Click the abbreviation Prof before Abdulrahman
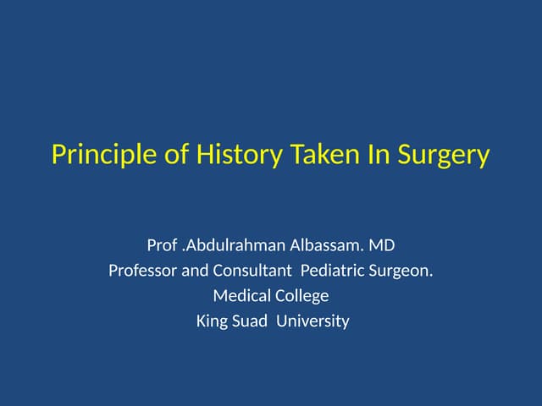click(161, 247)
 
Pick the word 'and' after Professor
click(195, 272)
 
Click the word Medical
click(241, 296)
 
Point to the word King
click(212, 321)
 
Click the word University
click(314, 321)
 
